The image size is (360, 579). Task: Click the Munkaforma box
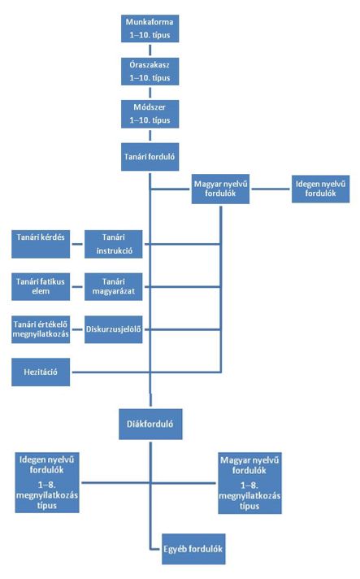click(150, 28)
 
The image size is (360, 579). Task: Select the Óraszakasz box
click(150, 72)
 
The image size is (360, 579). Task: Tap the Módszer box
click(150, 114)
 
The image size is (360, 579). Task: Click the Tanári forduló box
click(150, 157)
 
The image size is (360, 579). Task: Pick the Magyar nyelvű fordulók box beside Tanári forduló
click(220, 189)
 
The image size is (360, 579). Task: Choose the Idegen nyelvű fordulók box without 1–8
click(320, 189)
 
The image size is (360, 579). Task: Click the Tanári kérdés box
click(41, 244)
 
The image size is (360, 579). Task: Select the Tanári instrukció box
click(114, 244)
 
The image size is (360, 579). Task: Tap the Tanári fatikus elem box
click(41, 287)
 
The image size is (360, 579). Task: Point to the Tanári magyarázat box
click(114, 287)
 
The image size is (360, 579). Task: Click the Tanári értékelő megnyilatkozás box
click(41, 329)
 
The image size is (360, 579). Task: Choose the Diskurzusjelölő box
click(114, 329)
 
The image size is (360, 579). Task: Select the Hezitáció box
click(41, 372)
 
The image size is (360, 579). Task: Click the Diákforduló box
click(150, 424)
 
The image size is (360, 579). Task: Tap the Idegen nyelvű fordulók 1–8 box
click(47, 482)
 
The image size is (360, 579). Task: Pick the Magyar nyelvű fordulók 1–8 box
click(249, 483)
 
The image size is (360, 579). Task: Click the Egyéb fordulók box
click(193, 549)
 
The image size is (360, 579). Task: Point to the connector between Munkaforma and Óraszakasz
click(150, 50)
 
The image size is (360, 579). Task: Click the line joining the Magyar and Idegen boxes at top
click(271, 189)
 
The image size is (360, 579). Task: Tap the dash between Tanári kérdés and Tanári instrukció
click(77, 244)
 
